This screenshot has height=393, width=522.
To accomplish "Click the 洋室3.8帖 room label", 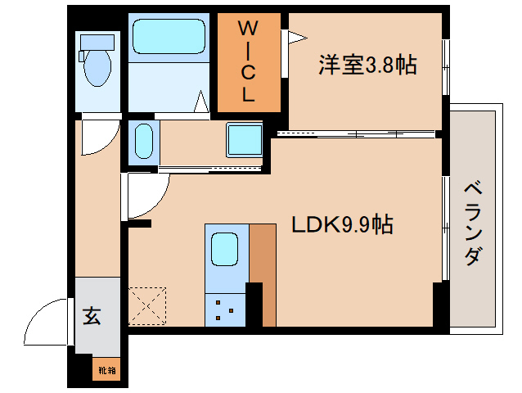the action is pos(367,65).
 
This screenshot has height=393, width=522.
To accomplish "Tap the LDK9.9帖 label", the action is pos(342,224).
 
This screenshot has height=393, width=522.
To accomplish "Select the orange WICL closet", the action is pos(249,62).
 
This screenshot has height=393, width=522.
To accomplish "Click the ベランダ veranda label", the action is pos(473,224).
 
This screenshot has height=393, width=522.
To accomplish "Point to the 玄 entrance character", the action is pos(92,315).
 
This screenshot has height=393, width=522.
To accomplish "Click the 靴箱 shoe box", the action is pos(106,369).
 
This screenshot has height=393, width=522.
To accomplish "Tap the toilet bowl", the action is pos(97,68).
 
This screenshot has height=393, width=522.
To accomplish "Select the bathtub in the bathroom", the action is pos(169,36).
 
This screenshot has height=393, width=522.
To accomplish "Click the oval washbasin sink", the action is pos(144,141).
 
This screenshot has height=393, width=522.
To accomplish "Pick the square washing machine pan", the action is pos(245,139).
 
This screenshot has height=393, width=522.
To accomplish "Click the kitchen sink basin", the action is pos(224,249).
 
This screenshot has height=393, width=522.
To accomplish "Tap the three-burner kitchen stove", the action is pos(225,309).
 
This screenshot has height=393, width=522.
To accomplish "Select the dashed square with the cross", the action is pos(147,305).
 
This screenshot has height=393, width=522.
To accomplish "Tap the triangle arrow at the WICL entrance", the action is pos(297,38).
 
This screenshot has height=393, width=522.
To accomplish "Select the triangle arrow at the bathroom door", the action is pos(201,102).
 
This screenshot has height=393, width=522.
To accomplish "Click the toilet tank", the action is pos(97,43).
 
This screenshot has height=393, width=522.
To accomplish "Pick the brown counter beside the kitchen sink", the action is pos(263,275).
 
